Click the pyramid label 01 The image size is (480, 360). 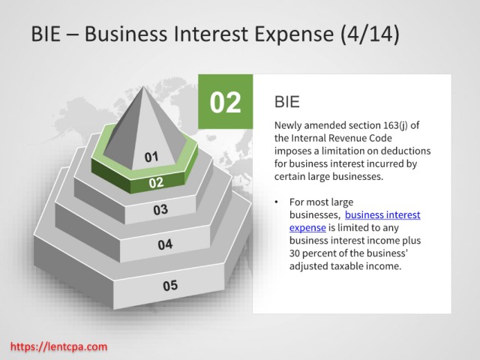151,157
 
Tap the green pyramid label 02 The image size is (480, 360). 156,183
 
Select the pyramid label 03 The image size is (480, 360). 160,210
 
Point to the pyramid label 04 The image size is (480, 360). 165,244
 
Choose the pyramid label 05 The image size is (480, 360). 170,286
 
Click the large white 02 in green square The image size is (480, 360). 225,103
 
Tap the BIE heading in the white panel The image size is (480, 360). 286,102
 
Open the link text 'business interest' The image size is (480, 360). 382,215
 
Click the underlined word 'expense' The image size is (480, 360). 307,228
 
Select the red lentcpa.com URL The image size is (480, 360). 58,346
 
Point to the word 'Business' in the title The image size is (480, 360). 126,34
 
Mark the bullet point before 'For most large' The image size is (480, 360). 277,202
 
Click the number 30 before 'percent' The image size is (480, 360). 294,253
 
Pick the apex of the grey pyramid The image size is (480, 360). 143,87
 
